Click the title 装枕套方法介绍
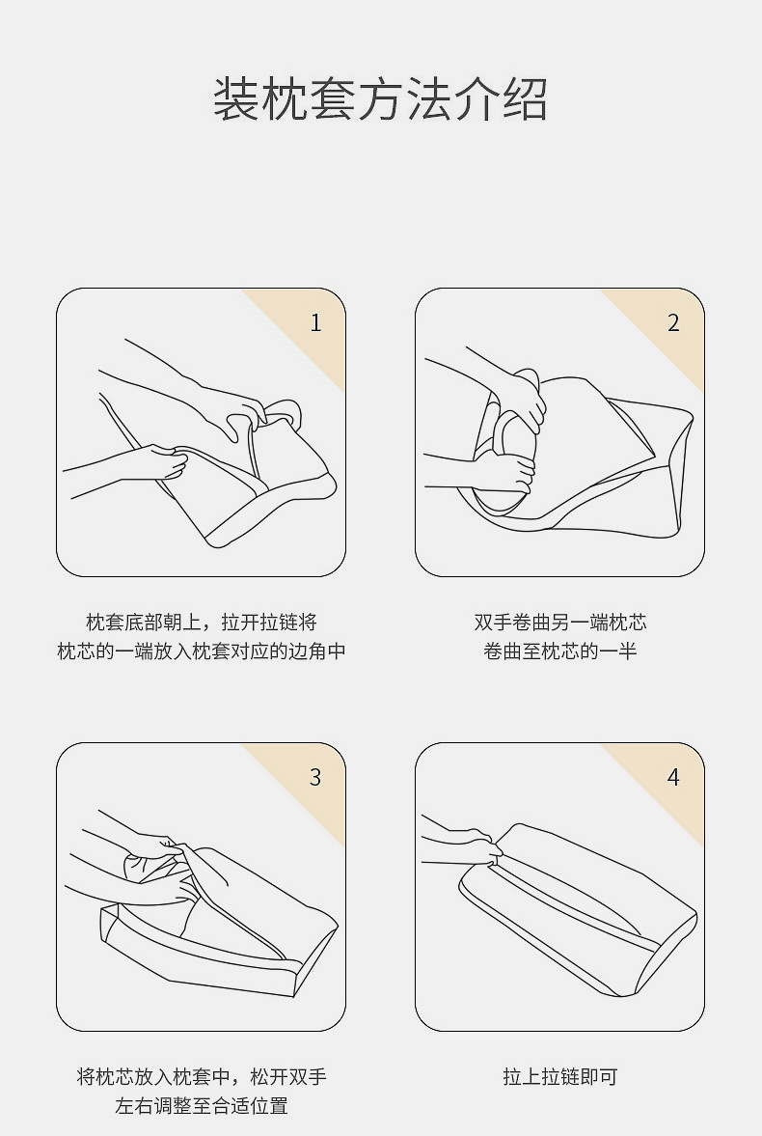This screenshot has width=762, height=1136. pyautogui.click(x=380, y=99)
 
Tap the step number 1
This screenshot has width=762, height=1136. pyautogui.click(x=315, y=323)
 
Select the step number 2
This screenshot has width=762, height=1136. pyautogui.click(x=673, y=323)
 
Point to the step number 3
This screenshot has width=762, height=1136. pyautogui.click(x=315, y=777)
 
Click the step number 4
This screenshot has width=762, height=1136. pyautogui.click(x=673, y=777)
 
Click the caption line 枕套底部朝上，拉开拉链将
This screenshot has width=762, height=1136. pyautogui.click(x=202, y=623)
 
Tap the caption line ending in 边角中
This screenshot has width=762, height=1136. pyautogui.click(x=202, y=651)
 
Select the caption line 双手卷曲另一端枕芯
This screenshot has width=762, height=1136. pyautogui.click(x=559, y=623)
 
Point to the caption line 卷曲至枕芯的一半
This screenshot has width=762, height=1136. pyautogui.click(x=559, y=651)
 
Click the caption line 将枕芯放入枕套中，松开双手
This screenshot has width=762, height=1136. pyautogui.click(x=202, y=1076)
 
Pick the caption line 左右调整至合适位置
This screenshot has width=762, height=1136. pyautogui.click(x=202, y=1105)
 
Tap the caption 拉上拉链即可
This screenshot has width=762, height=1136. pyautogui.click(x=559, y=1076)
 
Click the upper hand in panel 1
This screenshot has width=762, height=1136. pyautogui.click(x=231, y=409)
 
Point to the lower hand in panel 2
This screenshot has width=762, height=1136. pyautogui.click(x=507, y=472)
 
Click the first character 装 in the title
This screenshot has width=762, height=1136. pyautogui.click(x=236, y=99)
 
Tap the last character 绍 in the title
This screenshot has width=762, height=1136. pyautogui.click(x=525, y=99)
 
